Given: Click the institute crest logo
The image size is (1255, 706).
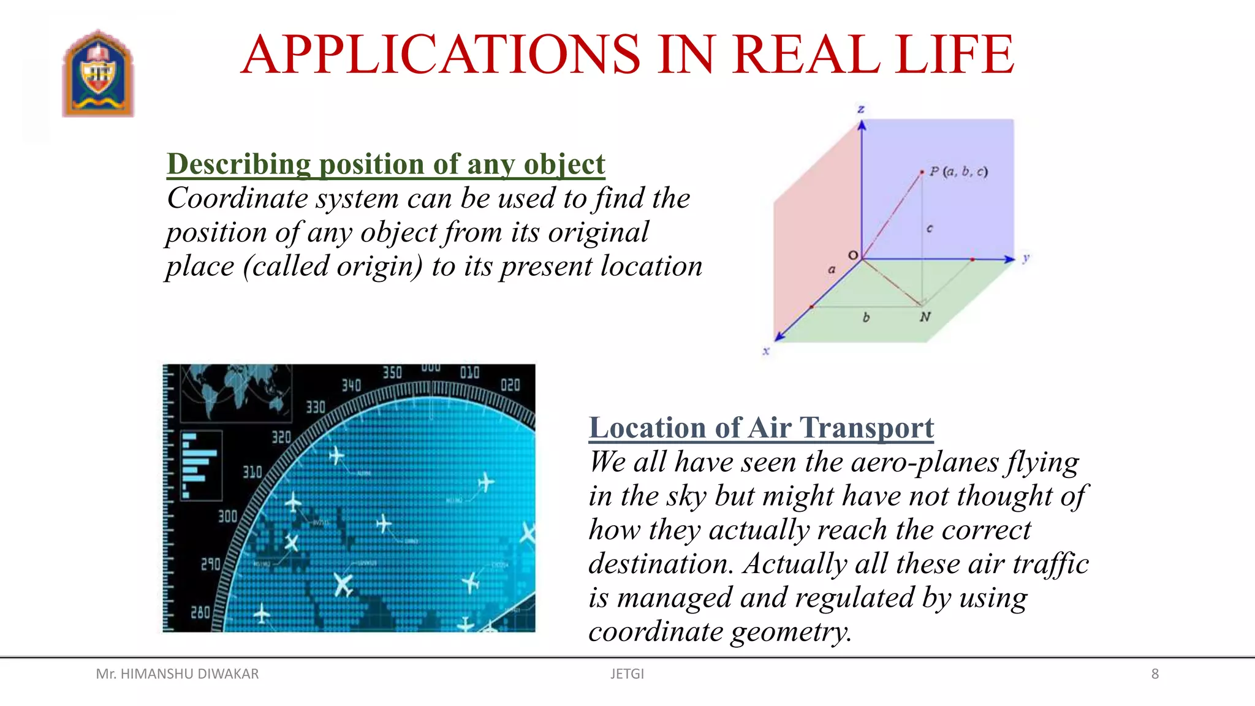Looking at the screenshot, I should [98, 74].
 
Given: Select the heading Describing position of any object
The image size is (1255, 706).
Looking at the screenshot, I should [385, 164].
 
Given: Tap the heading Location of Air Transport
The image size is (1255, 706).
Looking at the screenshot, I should [761, 428].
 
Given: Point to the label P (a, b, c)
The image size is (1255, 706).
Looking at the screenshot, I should [958, 172].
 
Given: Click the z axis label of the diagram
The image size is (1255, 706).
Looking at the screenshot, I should [861, 110].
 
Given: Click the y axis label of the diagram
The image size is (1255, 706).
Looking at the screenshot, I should [1026, 258].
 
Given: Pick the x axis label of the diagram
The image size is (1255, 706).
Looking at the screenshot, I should [766, 351].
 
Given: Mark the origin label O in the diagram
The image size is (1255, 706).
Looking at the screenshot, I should [852, 255].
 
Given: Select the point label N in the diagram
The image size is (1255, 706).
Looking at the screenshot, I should [925, 317].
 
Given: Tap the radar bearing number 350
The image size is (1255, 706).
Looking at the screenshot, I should [392, 373].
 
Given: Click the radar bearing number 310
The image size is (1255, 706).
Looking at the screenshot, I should [252, 472].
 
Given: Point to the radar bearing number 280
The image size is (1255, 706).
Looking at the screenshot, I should [200, 612].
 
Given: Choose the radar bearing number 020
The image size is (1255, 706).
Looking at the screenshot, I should [510, 385].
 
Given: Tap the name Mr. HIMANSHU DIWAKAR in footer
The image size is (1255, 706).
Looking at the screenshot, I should [177, 674].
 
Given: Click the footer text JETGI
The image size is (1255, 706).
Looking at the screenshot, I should [627, 674].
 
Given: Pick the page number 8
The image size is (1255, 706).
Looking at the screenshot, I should [1155, 674].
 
